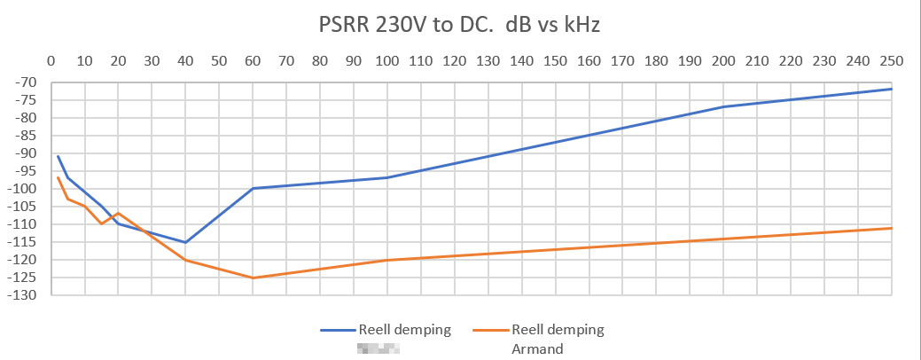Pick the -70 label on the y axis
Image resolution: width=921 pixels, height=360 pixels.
(x=27, y=82)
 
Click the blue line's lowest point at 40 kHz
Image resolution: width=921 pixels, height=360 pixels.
(x=185, y=242)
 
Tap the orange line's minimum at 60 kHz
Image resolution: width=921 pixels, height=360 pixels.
(x=253, y=278)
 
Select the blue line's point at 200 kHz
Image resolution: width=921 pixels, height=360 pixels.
(x=723, y=107)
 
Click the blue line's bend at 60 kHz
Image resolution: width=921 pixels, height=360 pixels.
(x=253, y=188)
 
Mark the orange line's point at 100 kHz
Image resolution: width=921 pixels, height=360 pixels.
(x=386, y=260)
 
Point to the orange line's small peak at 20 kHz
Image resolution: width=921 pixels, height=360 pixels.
(x=118, y=213)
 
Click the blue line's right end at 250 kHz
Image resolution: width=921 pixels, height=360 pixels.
(x=891, y=89)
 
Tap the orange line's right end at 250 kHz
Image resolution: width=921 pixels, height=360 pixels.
(x=891, y=228)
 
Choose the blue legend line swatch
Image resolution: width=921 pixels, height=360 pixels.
(x=337, y=330)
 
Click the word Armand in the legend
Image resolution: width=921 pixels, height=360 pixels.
(x=537, y=348)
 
